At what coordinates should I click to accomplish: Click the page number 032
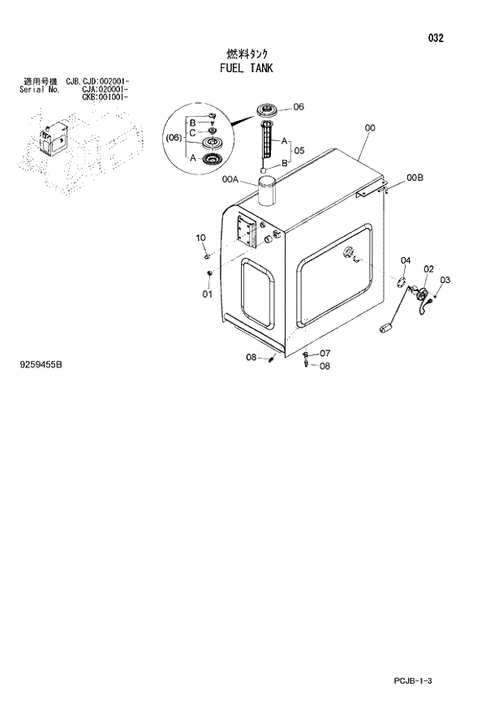coord(436,38)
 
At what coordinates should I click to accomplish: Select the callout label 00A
coord(229,181)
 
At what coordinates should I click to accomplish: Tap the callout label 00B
coord(415,177)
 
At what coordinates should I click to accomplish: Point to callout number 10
coord(201,237)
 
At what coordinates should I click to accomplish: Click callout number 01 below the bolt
coord(207,293)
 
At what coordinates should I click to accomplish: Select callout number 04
coord(406,260)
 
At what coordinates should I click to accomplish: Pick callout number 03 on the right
coord(445,280)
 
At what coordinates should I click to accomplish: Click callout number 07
coord(325,353)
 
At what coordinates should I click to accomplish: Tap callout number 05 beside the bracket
coord(299,150)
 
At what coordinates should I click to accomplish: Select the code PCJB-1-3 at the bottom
coord(415,680)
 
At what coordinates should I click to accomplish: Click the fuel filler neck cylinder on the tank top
coord(267,195)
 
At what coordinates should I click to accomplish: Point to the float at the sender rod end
coord(387,328)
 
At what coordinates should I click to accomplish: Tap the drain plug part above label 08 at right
coord(305,356)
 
